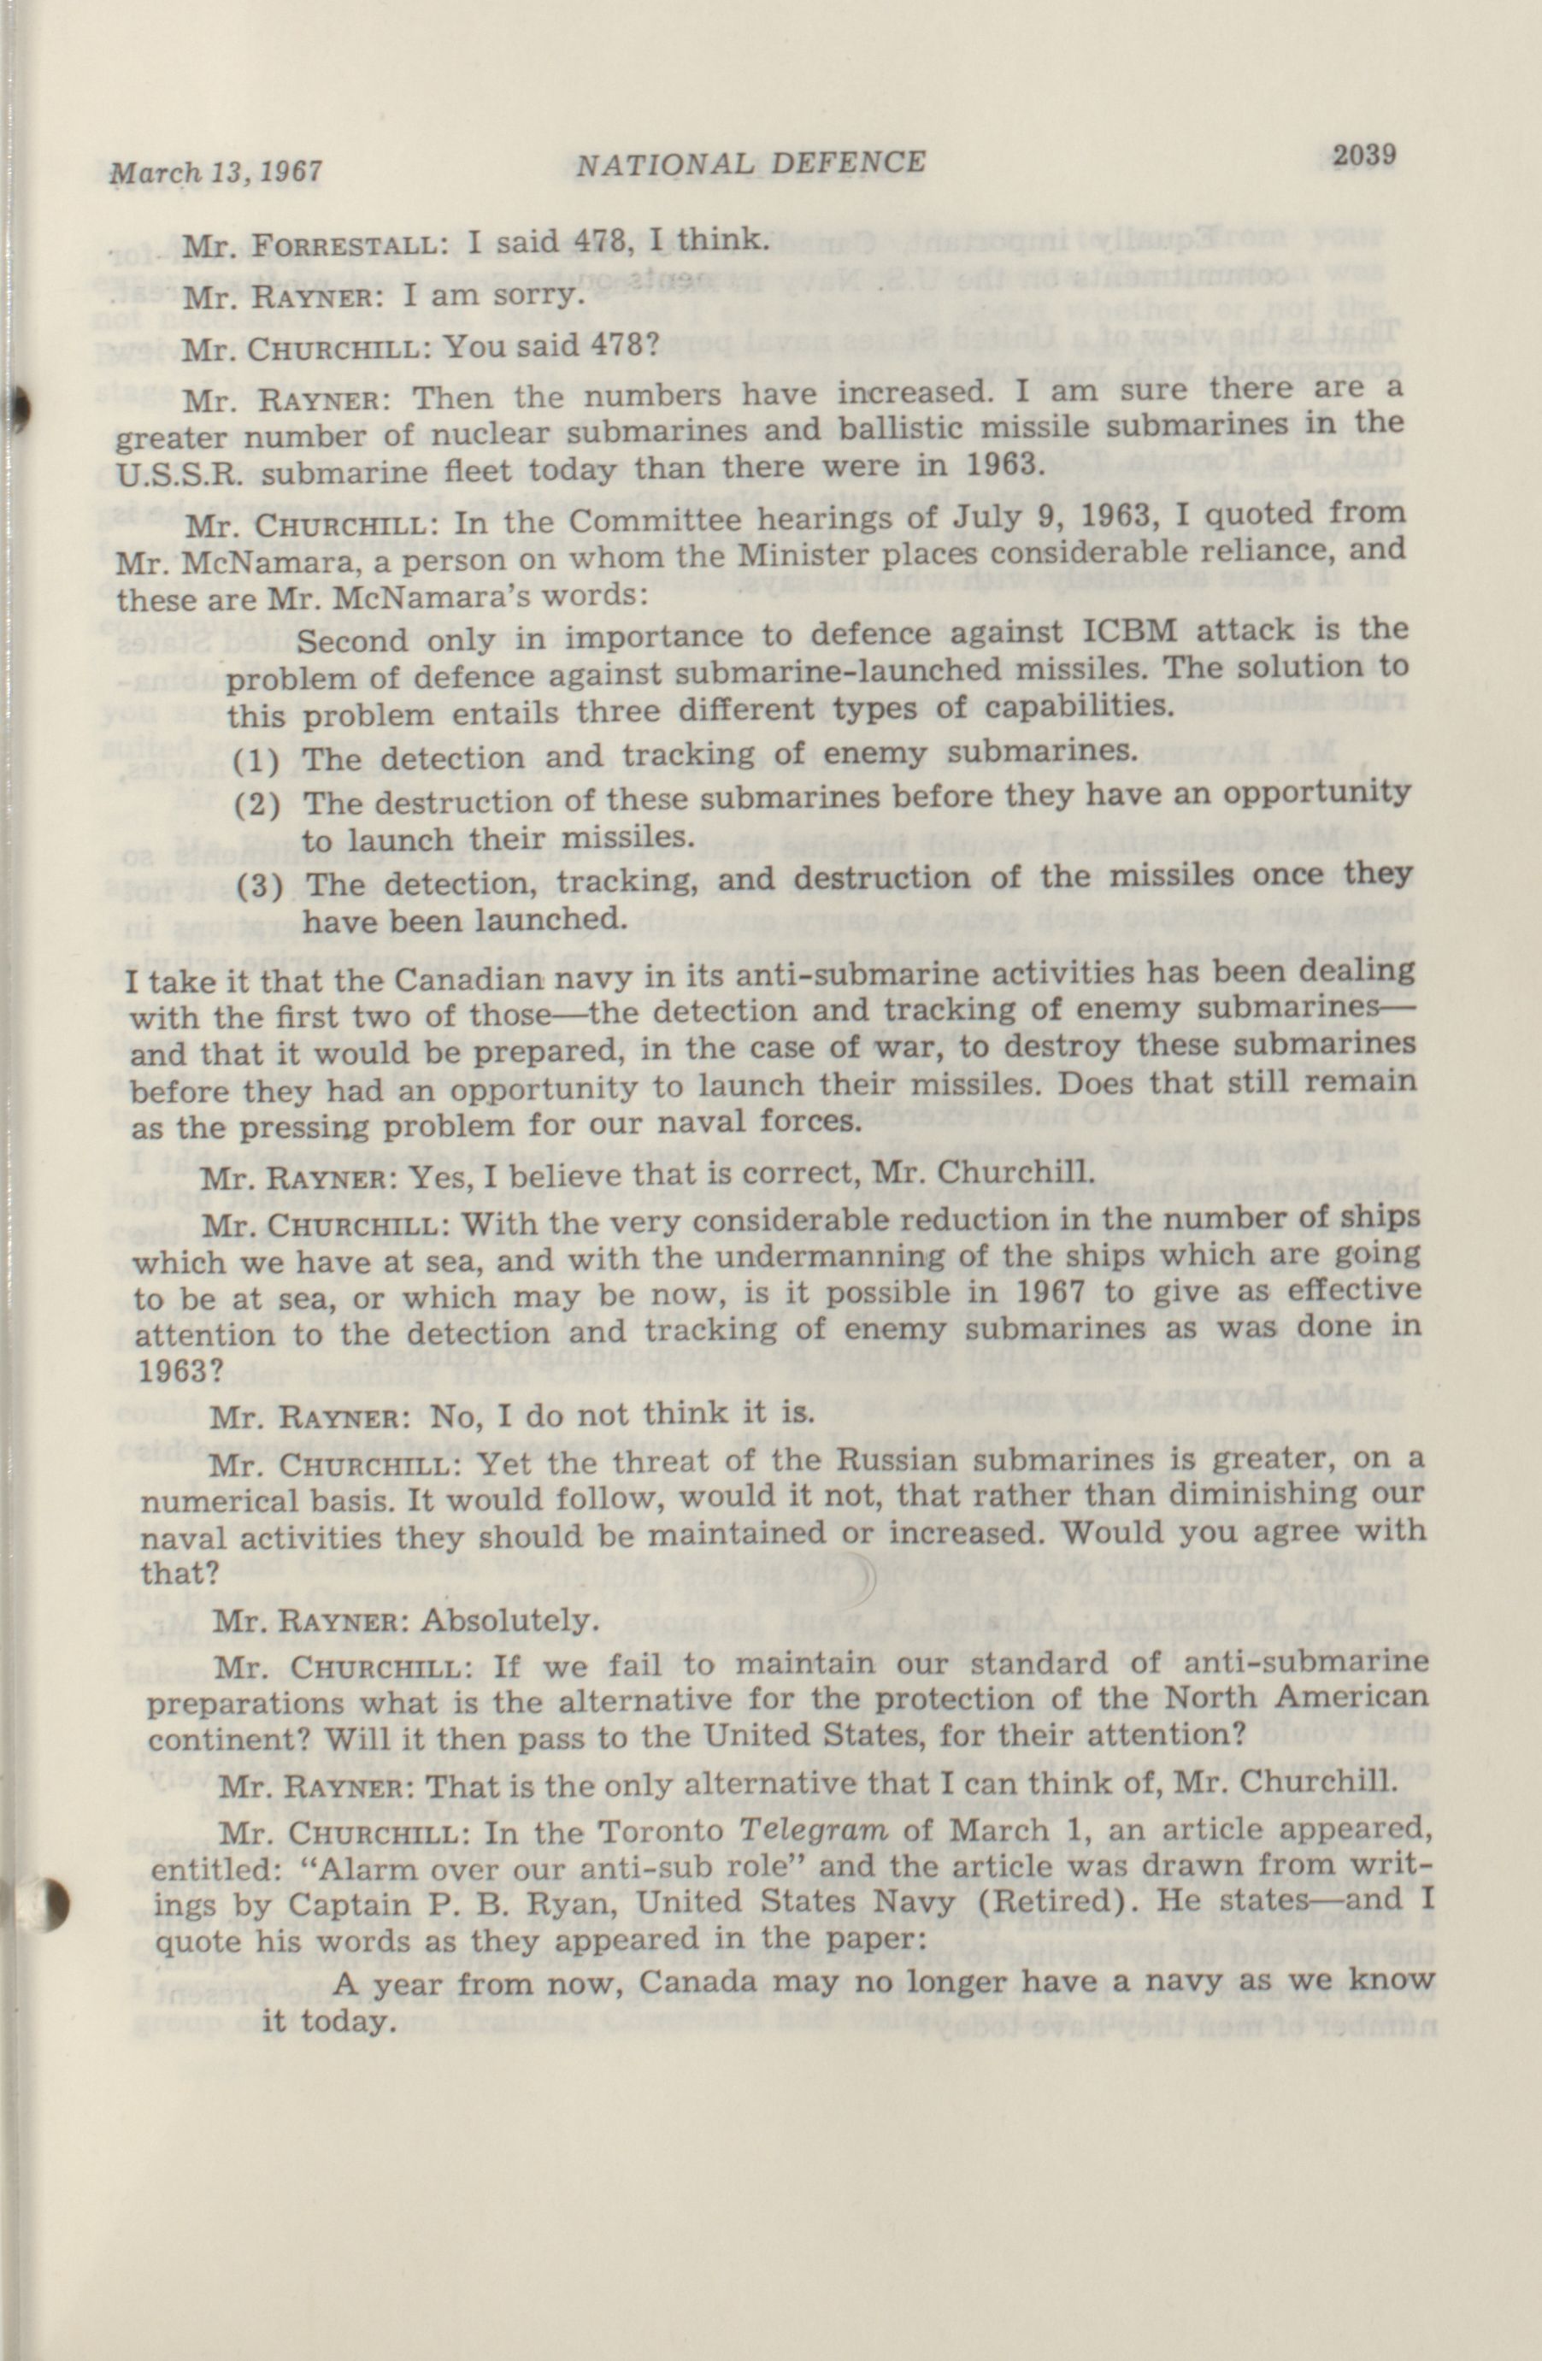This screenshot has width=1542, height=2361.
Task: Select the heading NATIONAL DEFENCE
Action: click(x=751, y=162)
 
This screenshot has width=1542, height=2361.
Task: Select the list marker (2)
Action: click(x=256, y=804)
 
